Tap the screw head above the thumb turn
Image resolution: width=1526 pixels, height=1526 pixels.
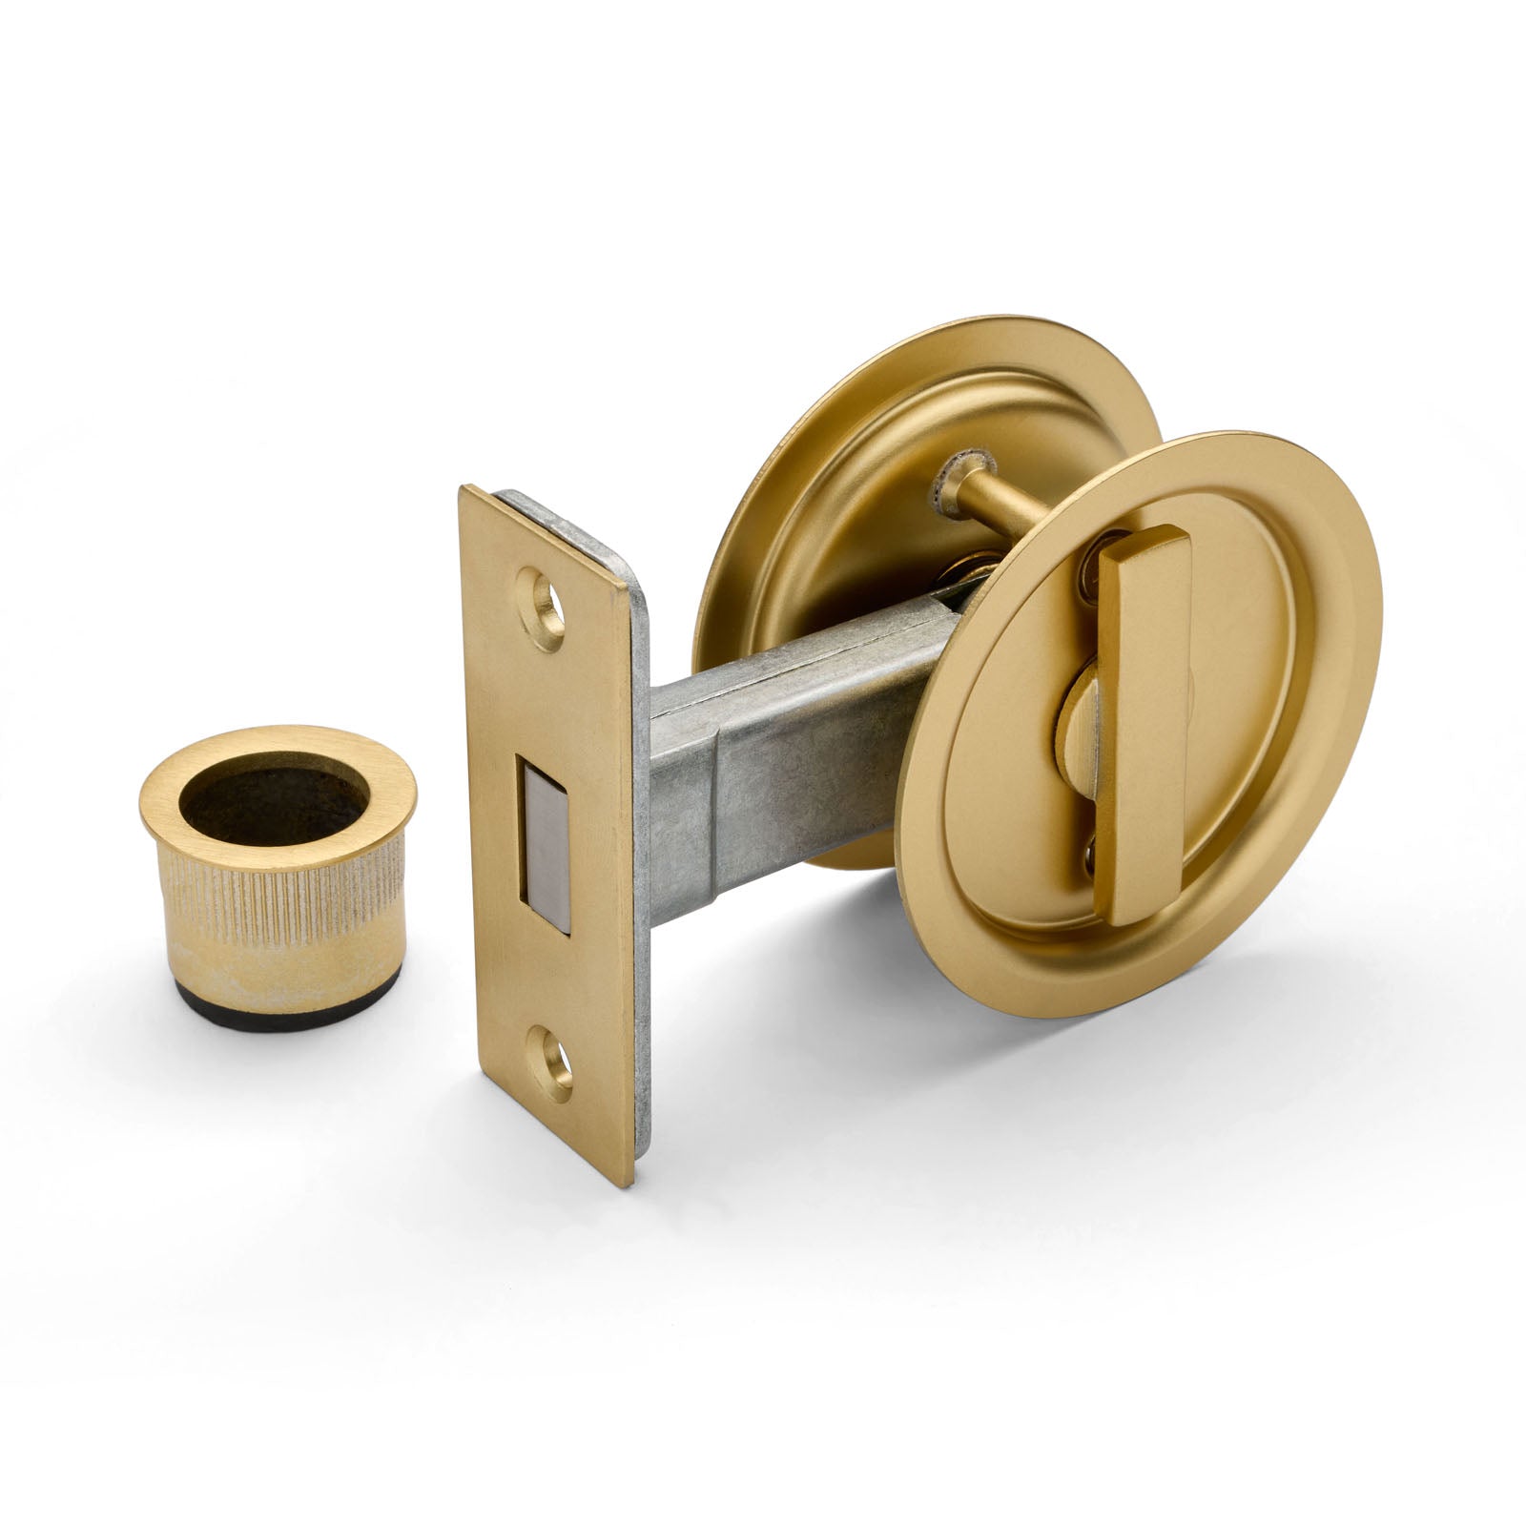coord(1090,578)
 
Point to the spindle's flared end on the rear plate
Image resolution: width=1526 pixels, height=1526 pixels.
coord(954,477)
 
